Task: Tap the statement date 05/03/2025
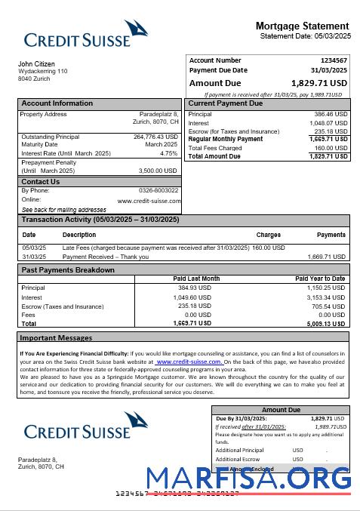pyautogui.click(x=333, y=36)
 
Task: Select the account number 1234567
pyautogui.click(x=334, y=60)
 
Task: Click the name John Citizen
pyautogui.click(x=36, y=64)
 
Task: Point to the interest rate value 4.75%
pyautogui.click(x=169, y=153)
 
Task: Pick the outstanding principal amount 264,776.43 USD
pyautogui.click(x=155, y=137)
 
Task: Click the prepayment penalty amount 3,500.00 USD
pyautogui.click(x=158, y=171)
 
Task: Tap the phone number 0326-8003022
pyautogui.click(x=158, y=190)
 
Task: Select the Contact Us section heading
pyautogui.click(x=40, y=182)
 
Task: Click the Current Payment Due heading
pyautogui.click(x=225, y=103)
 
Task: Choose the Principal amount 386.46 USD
pyautogui.click(x=331, y=114)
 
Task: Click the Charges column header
pyautogui.click(x=269, y=235)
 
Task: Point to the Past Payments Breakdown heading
pyautogui.click(x=68, y=269)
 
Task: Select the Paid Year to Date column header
pyautogui.click(x=320, y=279)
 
